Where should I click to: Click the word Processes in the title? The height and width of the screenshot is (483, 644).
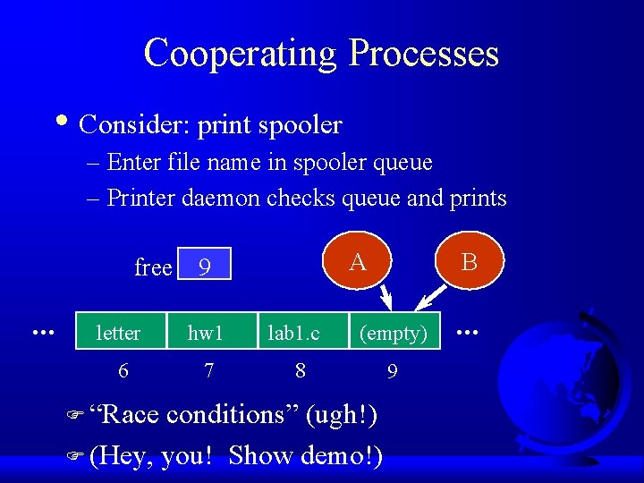[423, 54]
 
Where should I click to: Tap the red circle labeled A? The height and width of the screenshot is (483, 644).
[358, 262]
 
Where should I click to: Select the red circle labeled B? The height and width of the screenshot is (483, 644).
[469, 262]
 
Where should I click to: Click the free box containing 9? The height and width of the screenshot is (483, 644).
[205, 265]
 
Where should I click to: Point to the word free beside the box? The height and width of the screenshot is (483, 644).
[153, 267]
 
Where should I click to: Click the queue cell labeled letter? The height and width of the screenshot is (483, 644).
[119, 333]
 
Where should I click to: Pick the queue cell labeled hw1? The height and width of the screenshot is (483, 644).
[206, 333]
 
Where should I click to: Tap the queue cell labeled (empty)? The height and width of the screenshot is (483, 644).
[393, 333]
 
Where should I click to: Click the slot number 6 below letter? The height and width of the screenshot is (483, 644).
[123, 369]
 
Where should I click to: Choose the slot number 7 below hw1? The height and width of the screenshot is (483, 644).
[208, 369]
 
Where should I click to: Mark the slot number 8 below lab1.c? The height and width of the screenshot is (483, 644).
[301, 369]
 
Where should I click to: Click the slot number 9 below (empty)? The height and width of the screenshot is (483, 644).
[392, 369]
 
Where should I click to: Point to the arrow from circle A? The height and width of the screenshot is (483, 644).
[386, 295]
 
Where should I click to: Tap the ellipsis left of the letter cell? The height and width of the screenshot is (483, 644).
[39, 332]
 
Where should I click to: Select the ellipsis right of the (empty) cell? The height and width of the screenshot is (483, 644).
[468, 332]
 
